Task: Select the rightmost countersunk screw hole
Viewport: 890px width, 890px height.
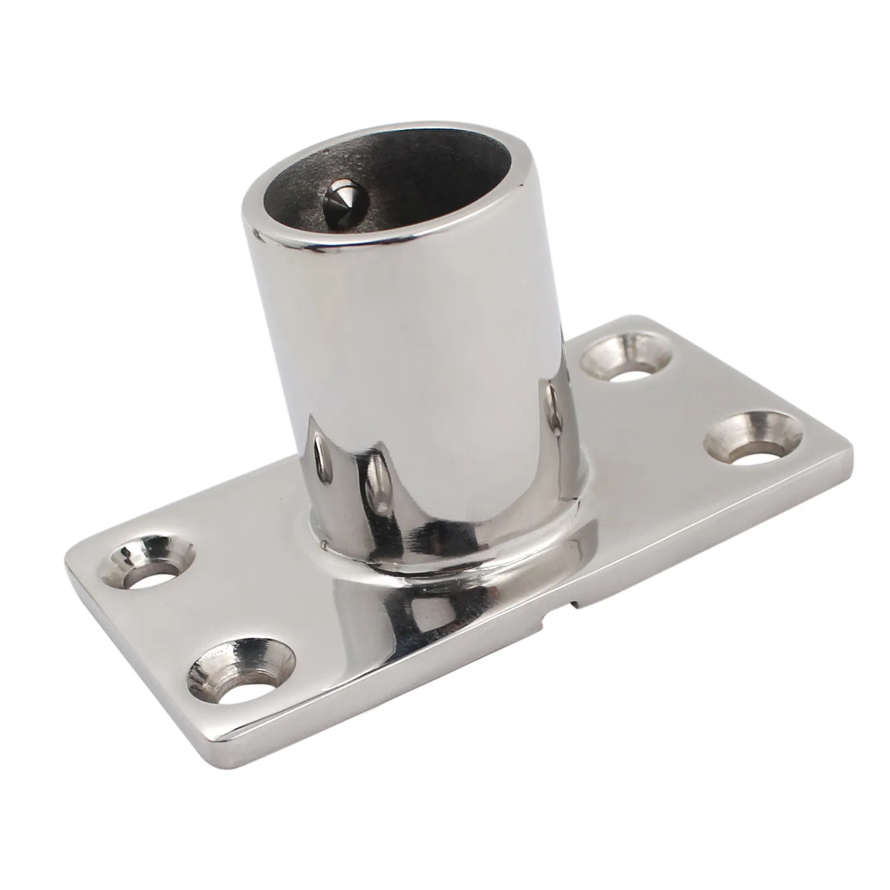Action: tap(752, 440)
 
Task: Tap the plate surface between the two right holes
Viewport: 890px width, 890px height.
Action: tap(688, 403)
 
